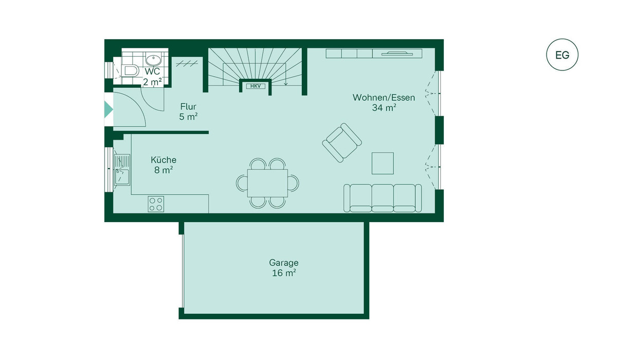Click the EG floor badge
tap(562, 55)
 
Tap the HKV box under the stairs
tap(256, 86)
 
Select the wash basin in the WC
tap(153, 60)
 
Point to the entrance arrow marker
tap(108, 110)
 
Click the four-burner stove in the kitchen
tap(156, 204)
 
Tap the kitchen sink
tap(122, 170)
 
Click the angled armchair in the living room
tap(342, 142)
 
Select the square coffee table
tap(383, 164)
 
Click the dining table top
tap(267, 183)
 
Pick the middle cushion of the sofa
tap(383, 198)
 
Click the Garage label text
tap(284, 263)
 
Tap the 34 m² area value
tap(384, 107)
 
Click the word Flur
tap(188, 106)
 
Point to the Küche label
tap(164, 160)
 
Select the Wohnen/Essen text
tap(384, 98)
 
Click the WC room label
tap(152, 71)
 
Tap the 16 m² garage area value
tap(284, 273)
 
